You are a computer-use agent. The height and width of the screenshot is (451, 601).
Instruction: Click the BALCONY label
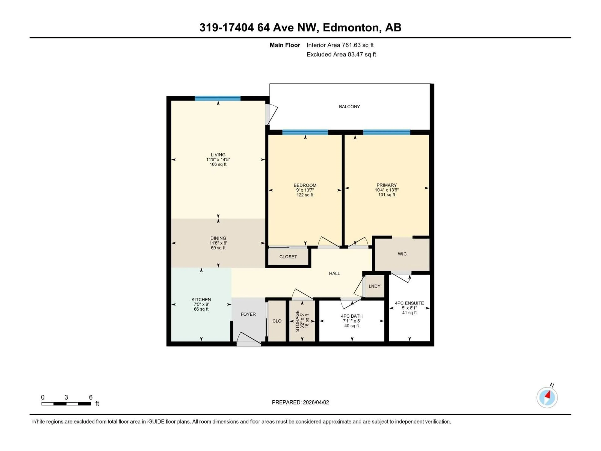pos(349,107)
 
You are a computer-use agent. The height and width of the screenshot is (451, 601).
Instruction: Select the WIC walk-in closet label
pos(402,254)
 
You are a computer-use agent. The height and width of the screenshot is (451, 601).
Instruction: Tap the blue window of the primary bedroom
pos(386,132)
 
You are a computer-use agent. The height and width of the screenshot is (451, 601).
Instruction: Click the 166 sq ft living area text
pos(218,164)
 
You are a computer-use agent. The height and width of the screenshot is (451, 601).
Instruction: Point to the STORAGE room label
pos(297,321)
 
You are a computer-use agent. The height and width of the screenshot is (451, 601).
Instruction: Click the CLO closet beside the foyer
pos(277,321)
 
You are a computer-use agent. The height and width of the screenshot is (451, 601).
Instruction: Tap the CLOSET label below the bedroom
pos(288,257)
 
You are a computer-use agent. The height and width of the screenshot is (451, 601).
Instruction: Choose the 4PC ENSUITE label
pos(409,303)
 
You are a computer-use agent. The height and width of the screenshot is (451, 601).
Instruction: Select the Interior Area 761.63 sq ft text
pos(340,45)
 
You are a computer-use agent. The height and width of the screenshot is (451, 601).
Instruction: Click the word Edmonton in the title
pos(350,27)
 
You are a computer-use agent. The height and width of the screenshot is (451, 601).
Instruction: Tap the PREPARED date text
pos(300,402)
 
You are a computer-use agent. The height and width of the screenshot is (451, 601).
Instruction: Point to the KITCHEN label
pos(201,300)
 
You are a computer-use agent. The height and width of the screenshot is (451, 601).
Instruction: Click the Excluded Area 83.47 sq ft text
pos(341,54)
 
